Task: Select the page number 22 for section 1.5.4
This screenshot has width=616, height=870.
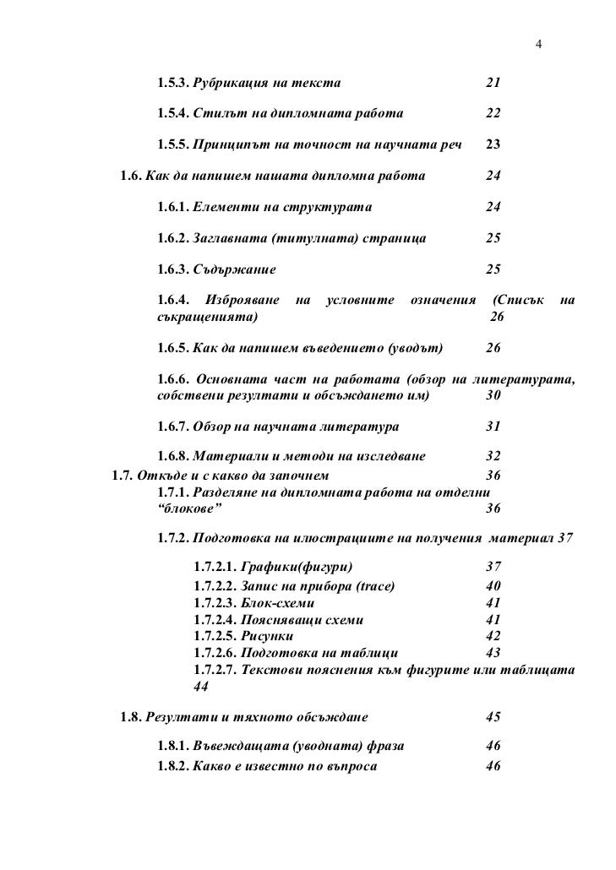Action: pos(493,114)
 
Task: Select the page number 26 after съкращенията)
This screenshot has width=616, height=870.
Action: pos(497,317)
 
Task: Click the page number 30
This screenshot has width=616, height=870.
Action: pos(494,395)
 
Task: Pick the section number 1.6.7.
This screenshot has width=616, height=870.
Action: pos(173,427)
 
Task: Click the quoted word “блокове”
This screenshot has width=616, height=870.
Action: pos(184,508)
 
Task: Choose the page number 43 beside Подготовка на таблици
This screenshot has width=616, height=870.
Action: pos(493,653)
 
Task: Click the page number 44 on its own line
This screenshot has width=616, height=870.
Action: pos(200,687)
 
